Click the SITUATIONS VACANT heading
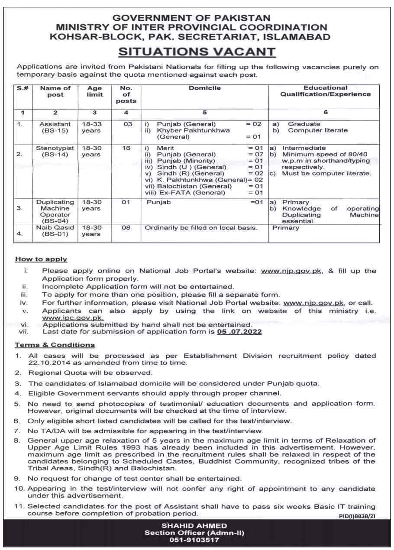(x=197, y=52)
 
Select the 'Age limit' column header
(x=95, y=91)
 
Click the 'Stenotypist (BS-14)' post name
(x=55, y=151)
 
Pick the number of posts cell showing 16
(x=126, y=148)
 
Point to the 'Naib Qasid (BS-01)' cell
(x=55, y=231)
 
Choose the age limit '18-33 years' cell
(x=91, y=127)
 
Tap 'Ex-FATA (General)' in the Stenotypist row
(x=186, y=193)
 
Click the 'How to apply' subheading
(x=41, y=259)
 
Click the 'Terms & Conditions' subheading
(x=55, y=345)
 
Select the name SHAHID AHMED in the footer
(x=197, y=525)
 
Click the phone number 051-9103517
(x=197, y=540)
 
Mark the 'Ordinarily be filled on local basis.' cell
(x=201, y=228)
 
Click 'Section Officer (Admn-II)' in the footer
(x=197, y=532)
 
